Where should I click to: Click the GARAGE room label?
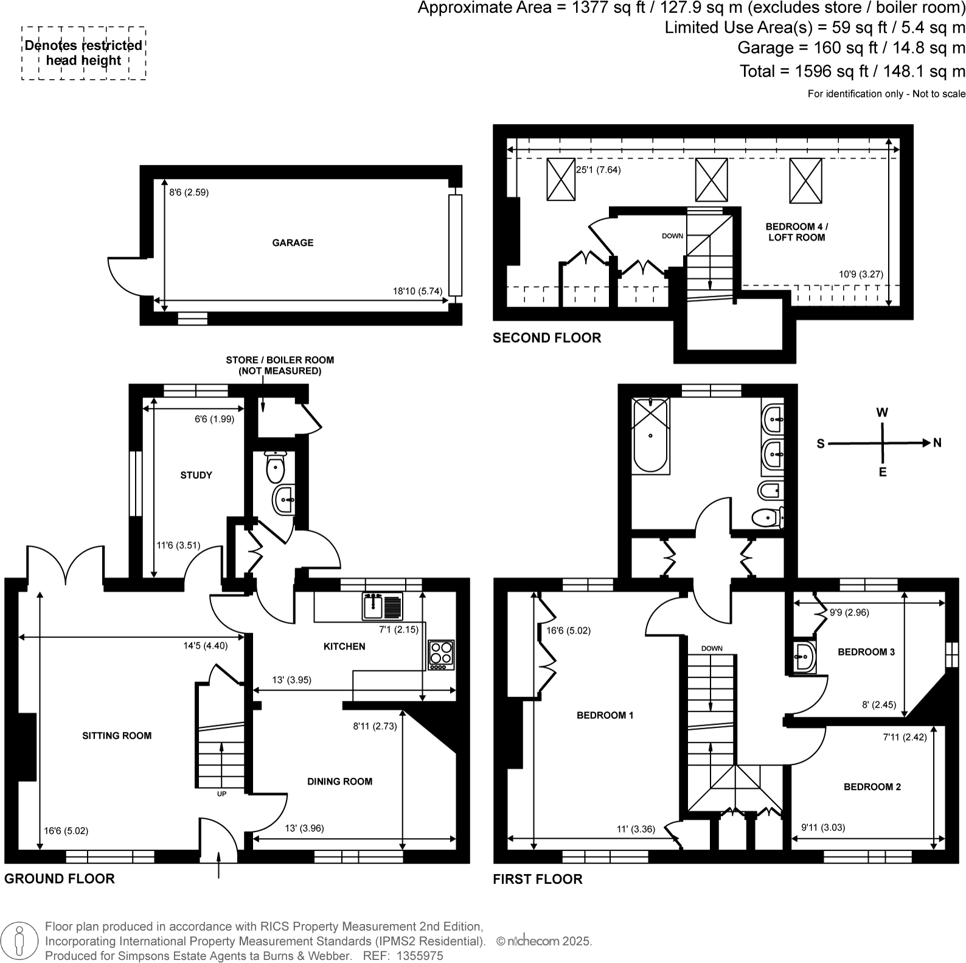[x=293, y=243]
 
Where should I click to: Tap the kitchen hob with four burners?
[x=441, y=654]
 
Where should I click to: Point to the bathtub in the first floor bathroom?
[x=650, y=435]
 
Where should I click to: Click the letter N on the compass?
[x=937, y=443]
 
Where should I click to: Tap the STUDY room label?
[x=196, y=475]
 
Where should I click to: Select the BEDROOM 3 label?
[x=866, y=652]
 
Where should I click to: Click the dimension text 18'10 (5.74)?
[x=417, y=291]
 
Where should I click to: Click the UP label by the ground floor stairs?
[x=221, y=794]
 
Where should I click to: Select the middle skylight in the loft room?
[x=711, y=180]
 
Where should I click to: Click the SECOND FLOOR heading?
[x=546, y=338]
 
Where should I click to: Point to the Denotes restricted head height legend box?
[x=84, y=53]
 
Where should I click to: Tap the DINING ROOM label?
[x=339, y=782]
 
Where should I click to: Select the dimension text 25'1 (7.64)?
[x=598, y=170]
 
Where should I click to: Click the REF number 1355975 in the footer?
[x=420, y=956]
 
